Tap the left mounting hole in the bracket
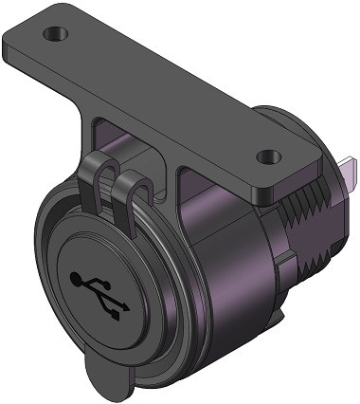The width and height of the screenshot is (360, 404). point(57,33)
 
